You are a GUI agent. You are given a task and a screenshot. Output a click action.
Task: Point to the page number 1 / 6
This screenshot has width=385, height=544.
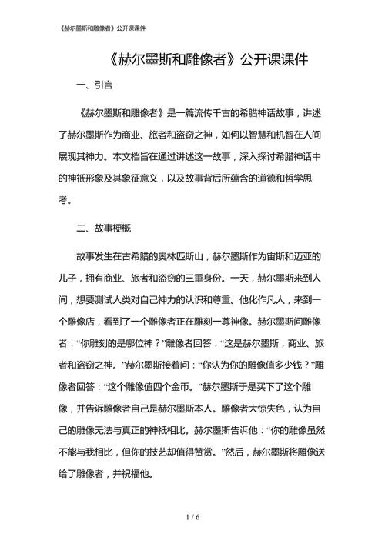192,519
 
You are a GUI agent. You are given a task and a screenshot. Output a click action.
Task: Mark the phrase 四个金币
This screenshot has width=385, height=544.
172,388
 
